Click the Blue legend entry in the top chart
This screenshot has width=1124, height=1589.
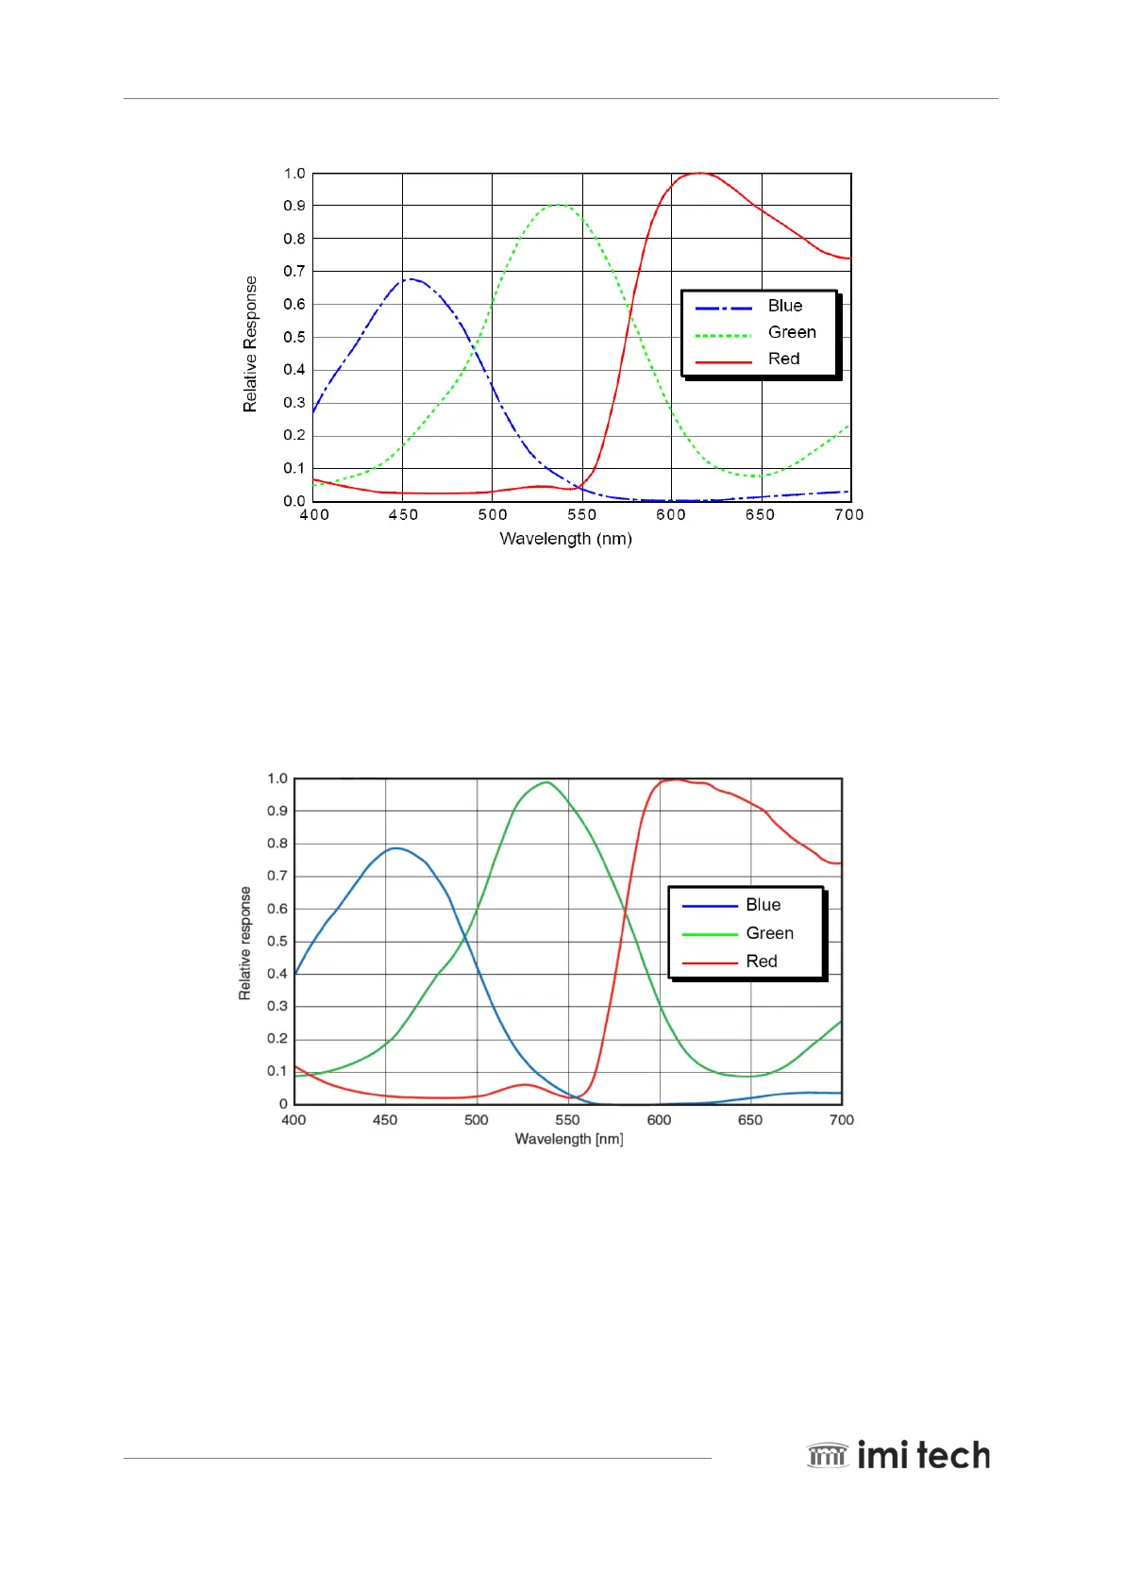(x=784, y=306)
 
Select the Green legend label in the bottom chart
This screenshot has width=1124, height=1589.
(x=769, y=933)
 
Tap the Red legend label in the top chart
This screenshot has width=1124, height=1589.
(x=783, y=359)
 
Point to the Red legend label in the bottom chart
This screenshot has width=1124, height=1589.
(x=761, y=962)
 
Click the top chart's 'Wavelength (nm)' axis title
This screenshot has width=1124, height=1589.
(x=565, y=539)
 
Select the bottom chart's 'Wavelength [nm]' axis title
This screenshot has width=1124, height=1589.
(x=568, y=1139)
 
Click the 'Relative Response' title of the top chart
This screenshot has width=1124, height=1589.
(x=250, y=343)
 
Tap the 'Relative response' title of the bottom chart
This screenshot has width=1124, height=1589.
(x=245, y=943)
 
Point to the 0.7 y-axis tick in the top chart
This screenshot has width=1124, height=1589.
(x=294, y=271)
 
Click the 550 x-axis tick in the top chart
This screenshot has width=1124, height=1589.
(x=581, y=514)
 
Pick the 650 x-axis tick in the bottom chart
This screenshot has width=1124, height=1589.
(x=750, y=1120)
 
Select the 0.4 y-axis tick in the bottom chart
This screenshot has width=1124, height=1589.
(x=277, y=974)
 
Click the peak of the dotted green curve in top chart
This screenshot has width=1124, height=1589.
(x=558, y=204)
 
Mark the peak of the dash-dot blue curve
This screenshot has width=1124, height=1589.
(x=411, y=278)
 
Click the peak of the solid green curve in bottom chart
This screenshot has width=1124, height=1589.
(x=546, y=781)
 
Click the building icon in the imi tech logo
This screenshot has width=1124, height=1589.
(x=828, y=1455)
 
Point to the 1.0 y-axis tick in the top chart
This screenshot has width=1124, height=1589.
(x=294, y=174)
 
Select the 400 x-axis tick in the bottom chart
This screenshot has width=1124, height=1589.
(x=294, y=1120)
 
